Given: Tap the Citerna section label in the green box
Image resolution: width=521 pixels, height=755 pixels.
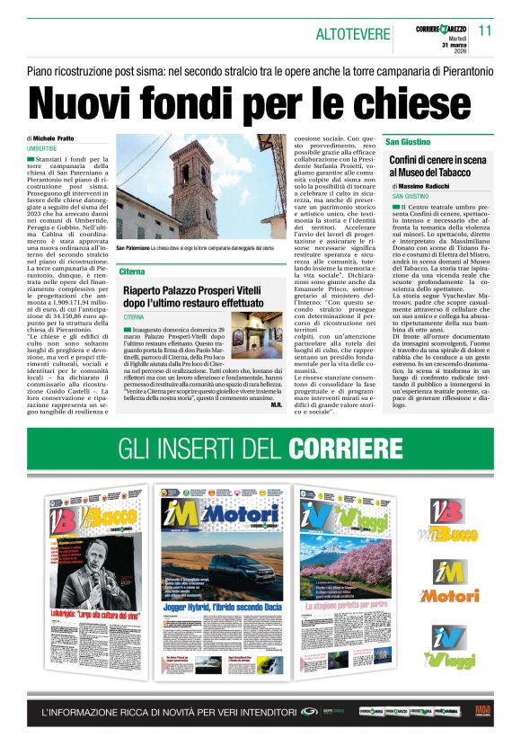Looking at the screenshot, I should click(132, 271).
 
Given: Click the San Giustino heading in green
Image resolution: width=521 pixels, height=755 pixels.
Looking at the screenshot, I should click(408, 143).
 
